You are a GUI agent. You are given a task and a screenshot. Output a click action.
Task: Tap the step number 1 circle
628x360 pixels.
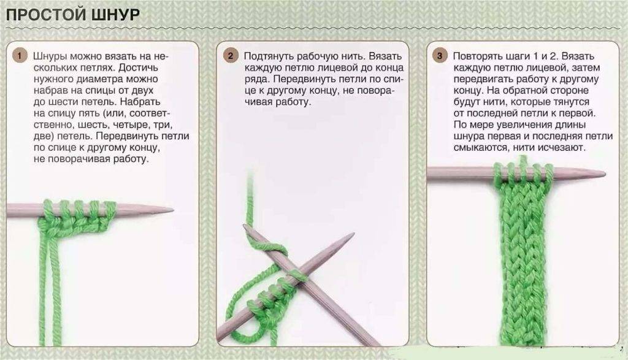[x=19, y=56]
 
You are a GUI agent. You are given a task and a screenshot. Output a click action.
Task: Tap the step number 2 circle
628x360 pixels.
[x=231, y=56]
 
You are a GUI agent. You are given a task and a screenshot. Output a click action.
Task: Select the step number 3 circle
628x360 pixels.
[x=439, y=56]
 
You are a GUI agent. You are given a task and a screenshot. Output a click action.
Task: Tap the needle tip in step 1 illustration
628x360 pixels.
[x=172, y=209]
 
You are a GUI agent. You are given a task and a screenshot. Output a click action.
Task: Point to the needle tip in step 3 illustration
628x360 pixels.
[x=604, y=174]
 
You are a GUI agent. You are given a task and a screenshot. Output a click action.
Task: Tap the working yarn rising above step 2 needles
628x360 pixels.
[x=251, y=196]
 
